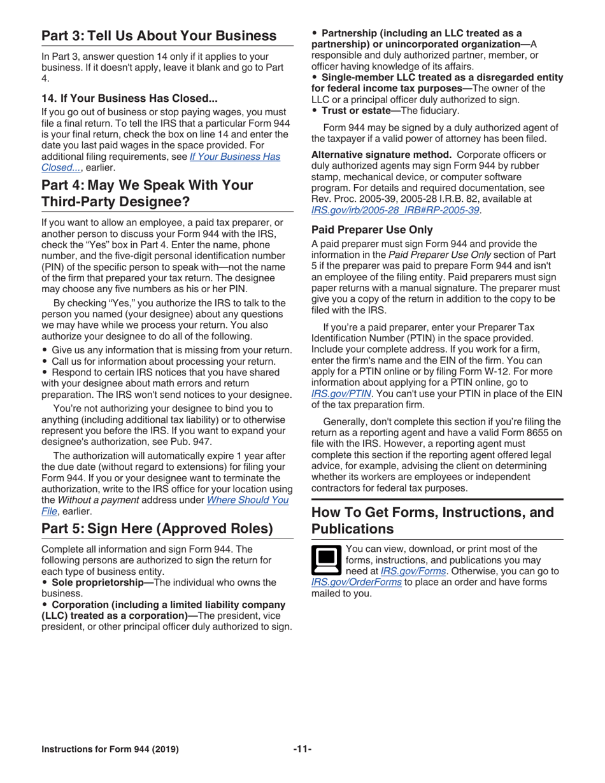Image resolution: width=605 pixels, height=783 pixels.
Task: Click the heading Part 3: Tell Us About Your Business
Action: (159, 36)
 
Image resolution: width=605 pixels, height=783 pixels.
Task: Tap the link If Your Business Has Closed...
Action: (234, 156)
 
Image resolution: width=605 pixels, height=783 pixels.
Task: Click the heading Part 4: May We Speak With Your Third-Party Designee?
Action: (146, 194)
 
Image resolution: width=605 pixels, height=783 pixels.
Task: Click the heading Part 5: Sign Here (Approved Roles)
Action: (157, 529)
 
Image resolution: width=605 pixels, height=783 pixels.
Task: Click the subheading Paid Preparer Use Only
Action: (372, 230)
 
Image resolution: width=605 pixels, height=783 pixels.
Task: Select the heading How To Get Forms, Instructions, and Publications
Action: (433, 520)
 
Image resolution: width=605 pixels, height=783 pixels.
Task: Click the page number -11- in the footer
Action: (302, 749)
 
